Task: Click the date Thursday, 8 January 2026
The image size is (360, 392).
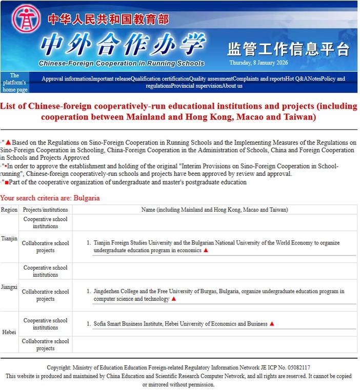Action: pyautogui.click(x=258, y=63)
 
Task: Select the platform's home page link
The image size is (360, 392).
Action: pyautogui.click(x=15, y=82)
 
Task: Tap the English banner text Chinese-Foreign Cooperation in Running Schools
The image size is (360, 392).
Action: pyautogui.click(x=121, y=64)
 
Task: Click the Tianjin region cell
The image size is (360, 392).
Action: pyautogui.click(x=9, y=239)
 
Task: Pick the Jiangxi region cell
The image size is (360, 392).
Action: pyautogui.click(x=9, y=287)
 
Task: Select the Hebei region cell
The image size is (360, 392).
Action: pyautogui.click(x=9, y=332)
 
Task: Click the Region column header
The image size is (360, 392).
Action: pyautogui.click(x=9, y=210)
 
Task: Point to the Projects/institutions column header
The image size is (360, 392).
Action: pyautogui.click(x=45, y=210)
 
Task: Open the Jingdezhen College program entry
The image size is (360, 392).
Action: pyautogui.click(x=218, y=295)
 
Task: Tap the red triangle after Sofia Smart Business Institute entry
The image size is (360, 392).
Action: pyautogui.click(x=272, y=324)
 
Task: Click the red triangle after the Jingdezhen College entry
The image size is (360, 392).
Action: pyautogui.click(x=173, y=299)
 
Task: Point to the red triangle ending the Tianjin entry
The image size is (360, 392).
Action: pyautogui.click(x=206, y=251)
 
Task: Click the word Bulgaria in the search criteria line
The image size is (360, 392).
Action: pyautogui.click(x=87, y=198)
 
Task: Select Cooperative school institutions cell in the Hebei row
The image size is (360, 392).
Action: pyautogui.click(x=45, y=324)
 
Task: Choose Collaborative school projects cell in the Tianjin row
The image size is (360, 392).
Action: pyautogui.click(x=45, y=246)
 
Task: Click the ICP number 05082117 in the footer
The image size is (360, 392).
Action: pyautogui.click(x=298, y=367)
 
